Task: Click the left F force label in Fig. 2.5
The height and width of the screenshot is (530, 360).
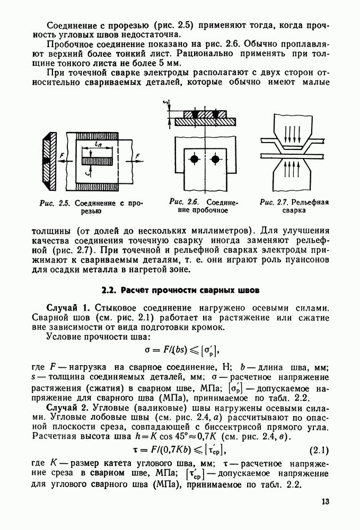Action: (62, 155)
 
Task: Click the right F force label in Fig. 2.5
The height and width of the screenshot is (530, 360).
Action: (137, 156)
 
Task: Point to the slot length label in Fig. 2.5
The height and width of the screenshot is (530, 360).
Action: (99, 144)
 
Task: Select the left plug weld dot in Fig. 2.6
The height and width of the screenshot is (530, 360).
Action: (194, 159)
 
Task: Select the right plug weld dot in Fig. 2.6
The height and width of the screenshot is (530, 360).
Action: (215, 159)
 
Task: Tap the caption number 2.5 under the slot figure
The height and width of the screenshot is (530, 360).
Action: (64, 203)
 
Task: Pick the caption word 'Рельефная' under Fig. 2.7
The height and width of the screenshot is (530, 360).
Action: (310, 202)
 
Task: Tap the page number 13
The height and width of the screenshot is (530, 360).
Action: (325, 501)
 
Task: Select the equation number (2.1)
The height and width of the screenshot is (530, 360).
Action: (319, 450)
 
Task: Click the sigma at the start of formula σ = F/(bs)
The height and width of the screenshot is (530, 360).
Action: (147, 349)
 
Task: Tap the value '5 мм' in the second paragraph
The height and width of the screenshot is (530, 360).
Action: (171, 63)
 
